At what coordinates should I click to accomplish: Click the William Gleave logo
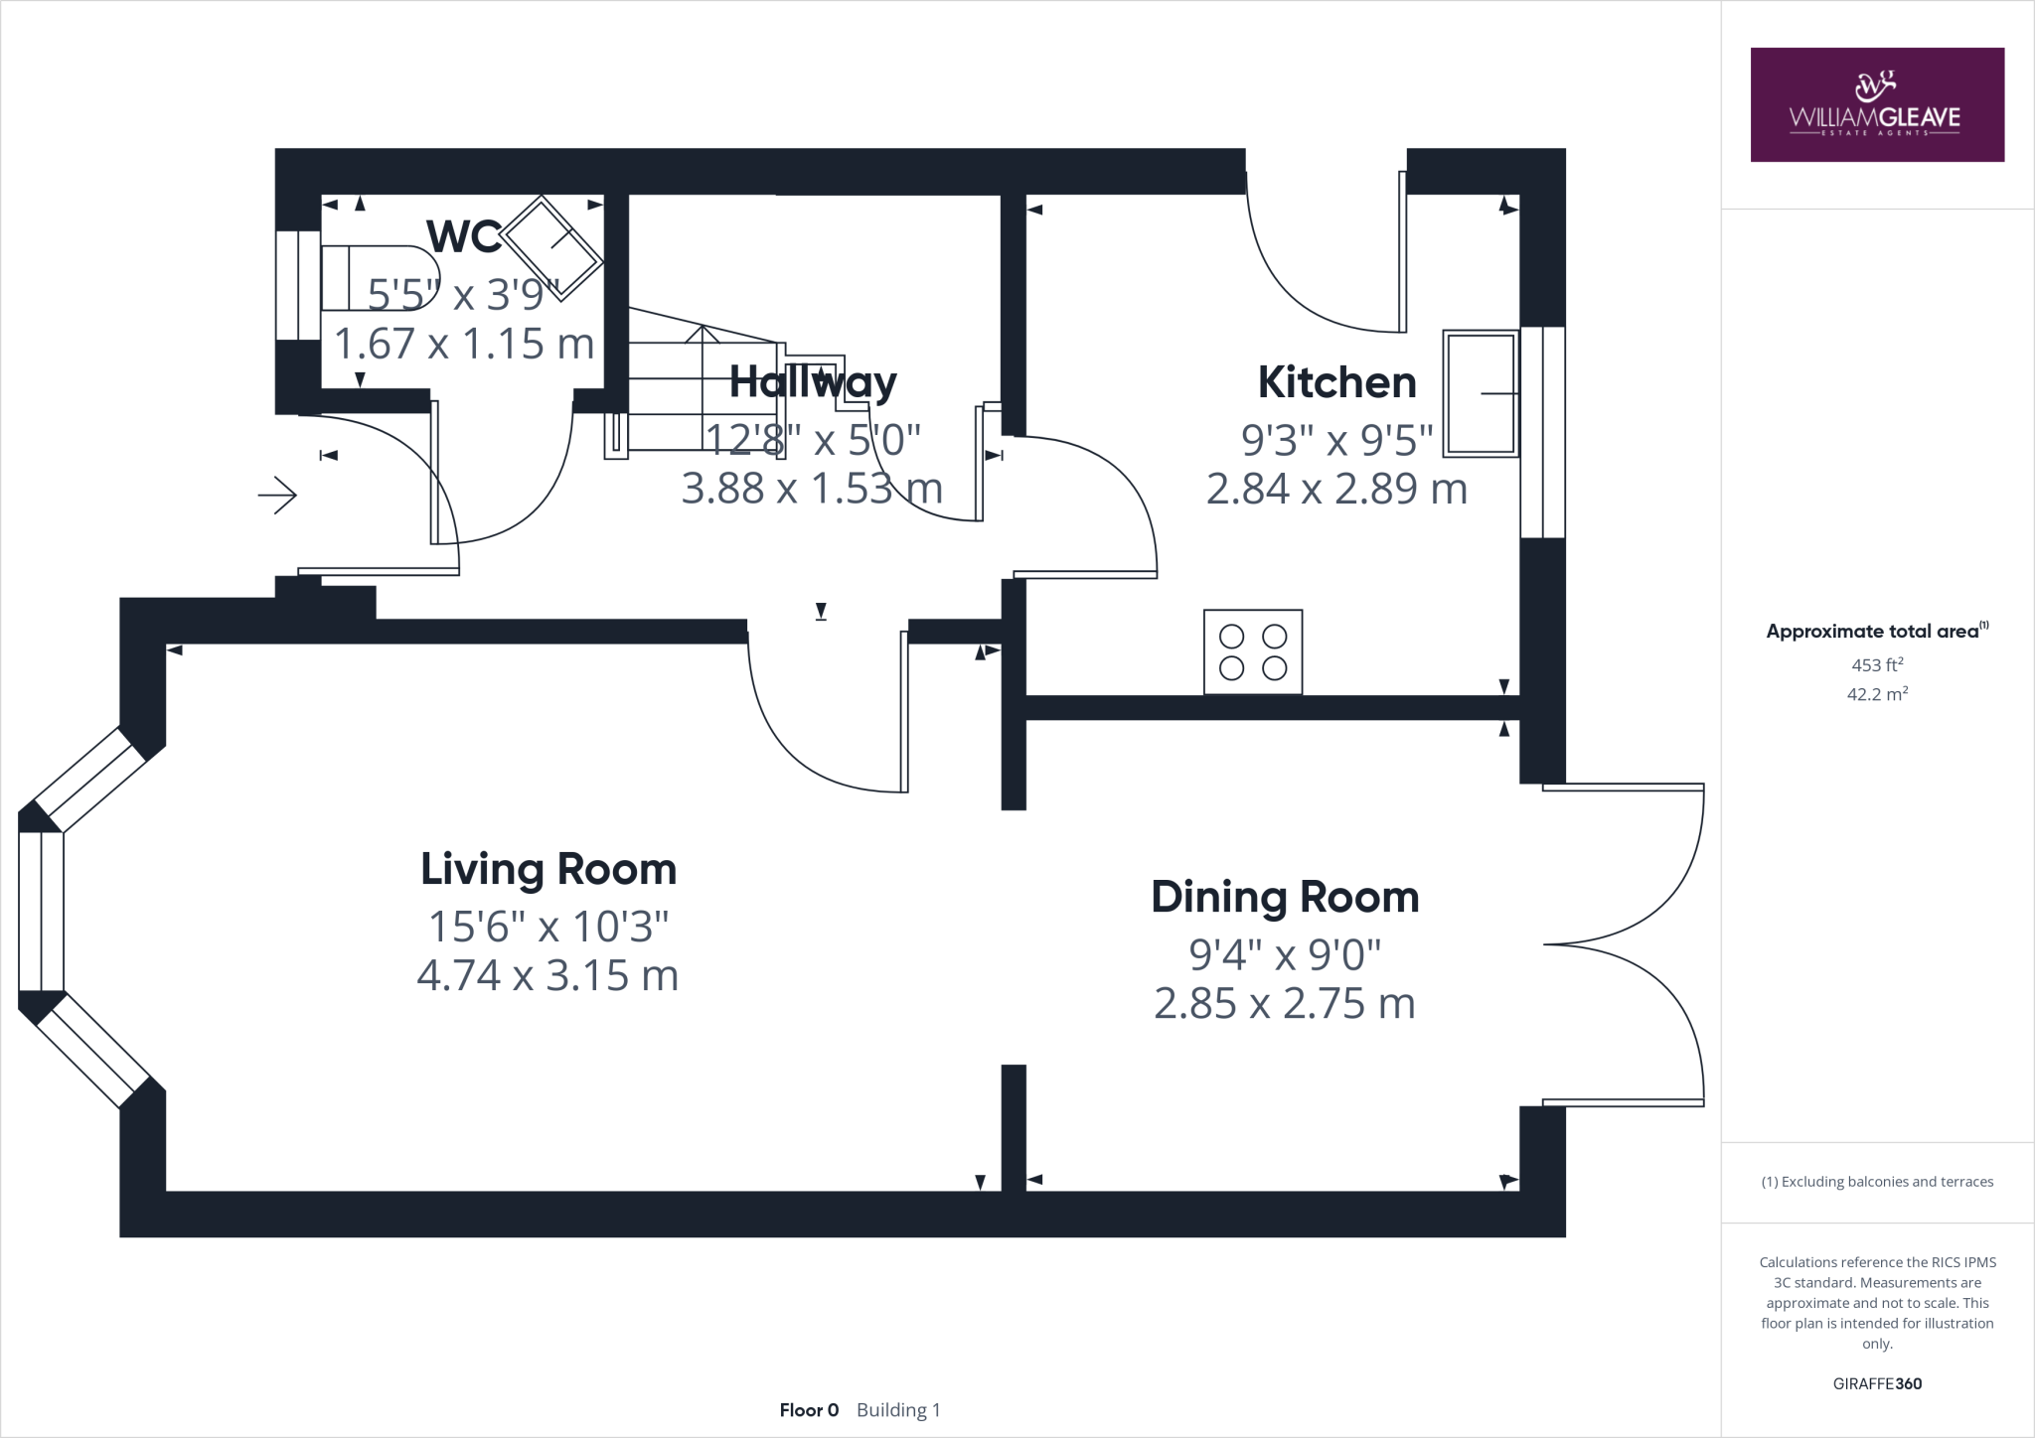(x=1876, y=104)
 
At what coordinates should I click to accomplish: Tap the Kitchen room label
(x=1336, y=382)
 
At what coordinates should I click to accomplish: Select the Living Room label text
(x=548, y=869)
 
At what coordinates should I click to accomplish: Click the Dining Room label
(x=1285, y=897)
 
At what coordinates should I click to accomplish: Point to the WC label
(x=463, y=236)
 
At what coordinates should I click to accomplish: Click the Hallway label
(x=813, y=382)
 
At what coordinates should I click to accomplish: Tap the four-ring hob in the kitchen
(x=1252, y=652)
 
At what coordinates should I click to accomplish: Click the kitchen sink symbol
(x=1481, y=393)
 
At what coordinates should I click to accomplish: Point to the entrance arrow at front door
(x=277, y=495)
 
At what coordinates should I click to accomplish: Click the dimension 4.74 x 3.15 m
(x=548, y=975)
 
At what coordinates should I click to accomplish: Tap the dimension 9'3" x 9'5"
(x=1336, y=438)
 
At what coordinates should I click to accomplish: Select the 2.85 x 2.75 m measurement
(x=1284, y=1004)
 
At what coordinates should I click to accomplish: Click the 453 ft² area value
(x=1876, y=665)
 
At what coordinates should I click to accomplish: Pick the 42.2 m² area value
(x=1876, y=694)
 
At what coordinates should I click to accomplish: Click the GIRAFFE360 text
(x=1876, y=1383)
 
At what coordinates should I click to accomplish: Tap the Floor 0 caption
(x=809, y=1410)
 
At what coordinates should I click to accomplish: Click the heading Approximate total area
(x=1873, y=632)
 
